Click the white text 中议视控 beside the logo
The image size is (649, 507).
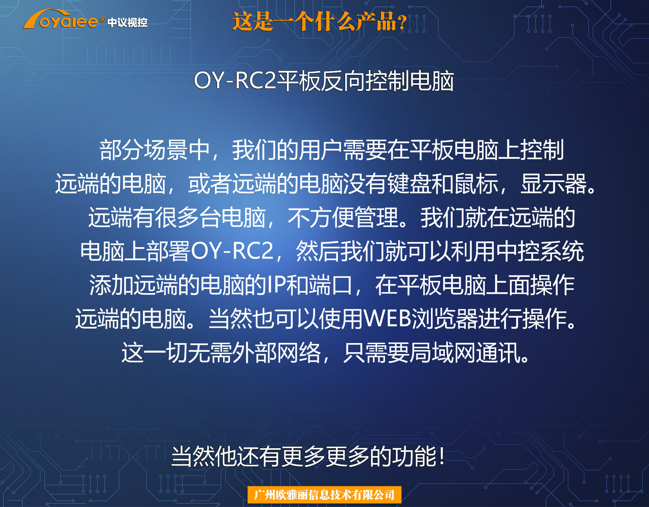click(127, 23)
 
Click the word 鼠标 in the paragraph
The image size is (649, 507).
click(476, 184)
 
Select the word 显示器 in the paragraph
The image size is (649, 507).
click(553, 184)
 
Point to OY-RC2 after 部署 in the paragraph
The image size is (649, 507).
click(232, 251)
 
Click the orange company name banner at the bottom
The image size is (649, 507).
click(324, 495)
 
